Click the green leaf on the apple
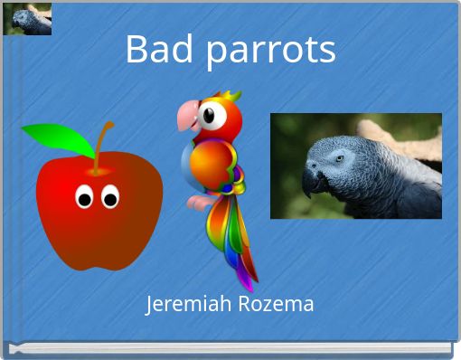[x=56, y=138]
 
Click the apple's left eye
[x=84, y=195]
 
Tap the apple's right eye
[x=111, y=195]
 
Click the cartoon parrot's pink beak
[x=188, y=116]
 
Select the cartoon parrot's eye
[x=210, y=115]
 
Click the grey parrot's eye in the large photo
[x=340, y=157]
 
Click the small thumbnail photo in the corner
[x=27, y=19]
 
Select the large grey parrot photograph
[x=356, y=166]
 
